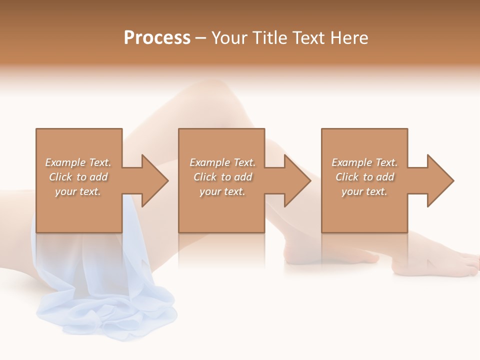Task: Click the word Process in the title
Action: click(157, 37)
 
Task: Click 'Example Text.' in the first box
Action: click(78, 162)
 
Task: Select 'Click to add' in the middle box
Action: click(222, 177)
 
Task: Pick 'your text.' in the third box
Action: click(364, 191)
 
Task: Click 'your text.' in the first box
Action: click(78, 191)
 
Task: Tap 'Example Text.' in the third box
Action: click(364, 162)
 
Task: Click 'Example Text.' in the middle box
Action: click(222, 162)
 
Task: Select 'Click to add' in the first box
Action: click(78, 177)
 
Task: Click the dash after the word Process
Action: click(200, 38)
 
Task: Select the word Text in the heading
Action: click(306, 37)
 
